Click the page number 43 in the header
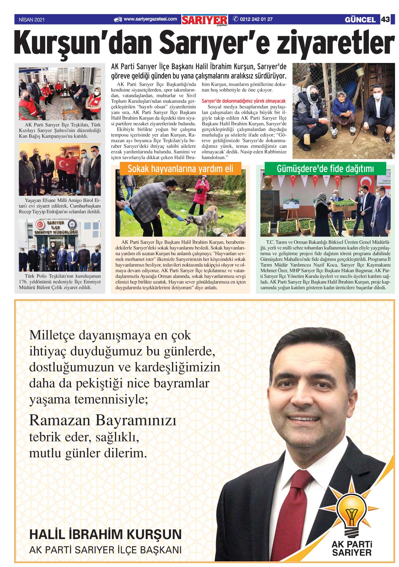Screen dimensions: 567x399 385,20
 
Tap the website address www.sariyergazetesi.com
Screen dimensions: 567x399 150,19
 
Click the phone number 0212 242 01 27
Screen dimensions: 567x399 256,20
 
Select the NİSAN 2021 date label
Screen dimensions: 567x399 32,20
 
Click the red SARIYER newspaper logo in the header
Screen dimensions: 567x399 205,20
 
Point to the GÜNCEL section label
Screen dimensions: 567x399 360,20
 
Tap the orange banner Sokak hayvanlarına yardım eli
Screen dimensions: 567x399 180,169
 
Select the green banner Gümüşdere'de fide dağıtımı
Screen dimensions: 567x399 325,169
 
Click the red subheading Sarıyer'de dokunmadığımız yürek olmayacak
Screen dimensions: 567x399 244,101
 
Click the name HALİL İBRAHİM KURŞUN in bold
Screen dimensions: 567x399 105,534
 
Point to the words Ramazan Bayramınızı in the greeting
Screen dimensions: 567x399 103,420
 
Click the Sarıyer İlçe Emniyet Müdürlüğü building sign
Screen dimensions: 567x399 56,227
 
